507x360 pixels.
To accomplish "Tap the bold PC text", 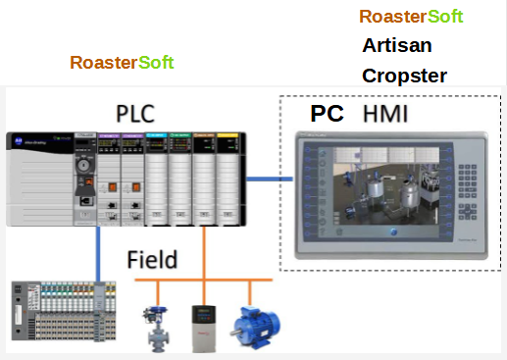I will (328, 114).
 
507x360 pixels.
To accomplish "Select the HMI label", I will (385, 114).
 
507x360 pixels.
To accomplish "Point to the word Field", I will (152, 260).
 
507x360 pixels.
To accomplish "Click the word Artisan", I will (397, 46).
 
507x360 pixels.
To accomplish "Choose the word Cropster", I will (404, 76).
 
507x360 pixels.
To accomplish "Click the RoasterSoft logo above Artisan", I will (411, 17).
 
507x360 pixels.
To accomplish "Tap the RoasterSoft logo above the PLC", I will (122, 63).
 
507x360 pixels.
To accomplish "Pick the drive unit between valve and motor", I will (203, 325).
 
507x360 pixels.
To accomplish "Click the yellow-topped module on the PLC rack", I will (228, 177).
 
